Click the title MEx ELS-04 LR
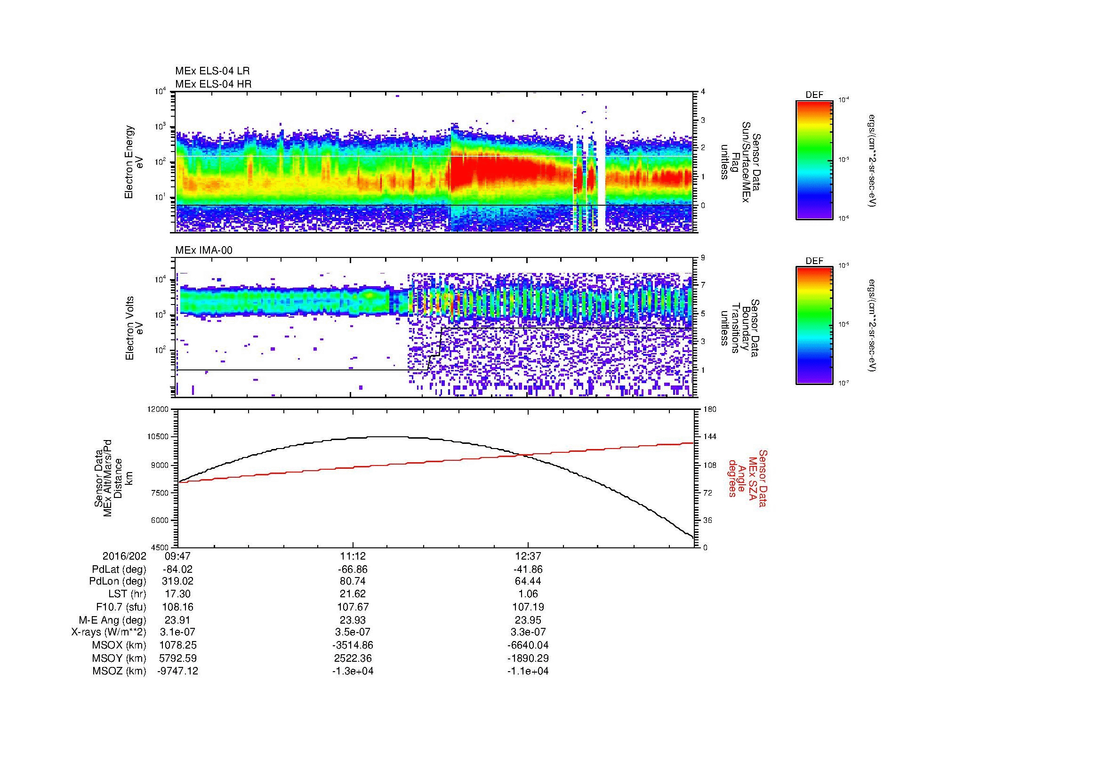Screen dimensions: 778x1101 point(212,71)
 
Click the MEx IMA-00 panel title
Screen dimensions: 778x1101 point(204,250)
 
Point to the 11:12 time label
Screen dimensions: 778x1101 point(353,556)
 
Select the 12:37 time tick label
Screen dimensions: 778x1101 point(528,556)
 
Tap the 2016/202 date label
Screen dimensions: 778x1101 point(124,556)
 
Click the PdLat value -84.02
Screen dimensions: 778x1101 point(177,569)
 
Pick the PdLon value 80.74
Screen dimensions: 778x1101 point(353,581)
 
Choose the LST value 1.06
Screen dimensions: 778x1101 point(528,594)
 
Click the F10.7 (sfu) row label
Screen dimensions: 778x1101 point(121,607)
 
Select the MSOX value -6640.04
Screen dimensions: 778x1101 point(528,645)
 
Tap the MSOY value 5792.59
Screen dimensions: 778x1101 point(177,658)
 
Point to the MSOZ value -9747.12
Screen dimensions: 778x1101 point(177,671)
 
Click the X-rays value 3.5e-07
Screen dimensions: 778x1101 point(353,632)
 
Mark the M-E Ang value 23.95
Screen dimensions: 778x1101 point(528,620)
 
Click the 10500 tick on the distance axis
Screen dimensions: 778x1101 point(159,437)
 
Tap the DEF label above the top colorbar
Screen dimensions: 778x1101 point(814,95)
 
